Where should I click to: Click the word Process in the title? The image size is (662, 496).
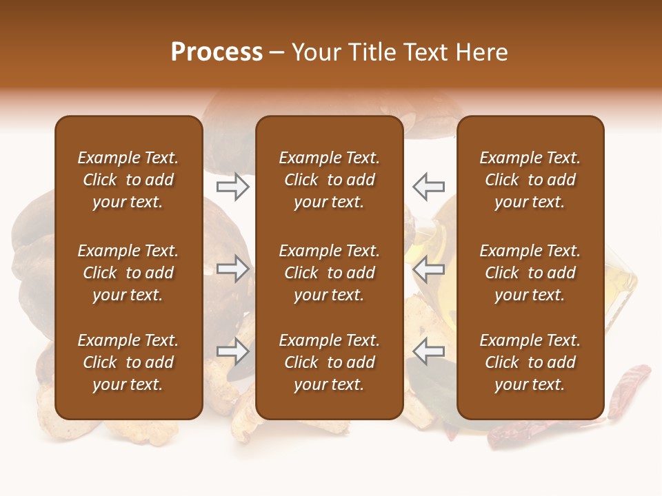click(x=217, y=52)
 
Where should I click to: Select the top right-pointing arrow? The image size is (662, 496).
click(x=233, y=186)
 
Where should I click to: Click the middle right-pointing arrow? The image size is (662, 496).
click(x=233, y=269)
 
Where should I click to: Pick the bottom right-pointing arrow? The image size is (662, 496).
click(x=233, y=352)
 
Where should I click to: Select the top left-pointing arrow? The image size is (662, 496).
click(x=429, y=186)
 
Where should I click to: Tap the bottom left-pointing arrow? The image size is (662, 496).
click(x=429, y=352)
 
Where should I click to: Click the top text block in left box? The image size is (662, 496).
click(x=128, y=180)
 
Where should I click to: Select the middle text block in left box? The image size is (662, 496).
click(x=128, y=273)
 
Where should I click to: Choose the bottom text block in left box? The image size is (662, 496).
click(x=128, y=362)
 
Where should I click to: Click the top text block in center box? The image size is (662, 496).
click(x=329, y=180)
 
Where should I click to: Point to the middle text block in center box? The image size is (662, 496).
click(x=329, y=273)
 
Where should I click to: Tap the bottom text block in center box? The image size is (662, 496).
click(x=329, y=362)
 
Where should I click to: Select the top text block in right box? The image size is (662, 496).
click(x=530, y=180)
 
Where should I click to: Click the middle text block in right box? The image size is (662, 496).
click(x=530, y=273)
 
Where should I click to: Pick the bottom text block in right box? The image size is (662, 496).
click(x=530, y=362)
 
